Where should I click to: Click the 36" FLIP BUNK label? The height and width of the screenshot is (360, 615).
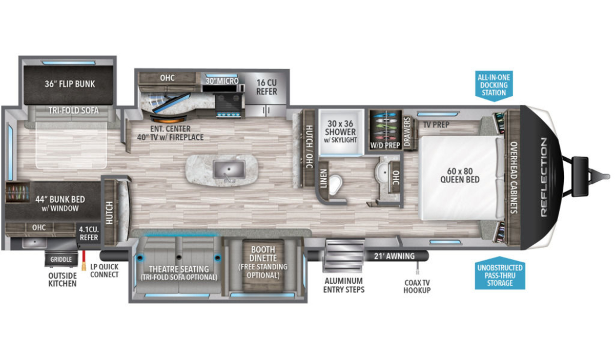pyautogui.click(x=70, y=84)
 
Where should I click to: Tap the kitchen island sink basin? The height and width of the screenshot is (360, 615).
pyautogui.click(x=229, y=170)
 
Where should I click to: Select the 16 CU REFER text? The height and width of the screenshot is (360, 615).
pyautogui.click(x=266, y=87)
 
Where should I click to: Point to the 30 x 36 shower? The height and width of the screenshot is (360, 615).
pyautogui.click(x=341, y=132)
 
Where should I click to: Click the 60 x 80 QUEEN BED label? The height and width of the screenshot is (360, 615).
pyautogui.click(x=460, y=175)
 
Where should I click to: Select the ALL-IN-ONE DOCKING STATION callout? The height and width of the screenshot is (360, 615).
pyautogui.click(x=494, y=86)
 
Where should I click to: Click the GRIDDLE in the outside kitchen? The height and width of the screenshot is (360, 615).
pyautogui.click(x=61, y=259)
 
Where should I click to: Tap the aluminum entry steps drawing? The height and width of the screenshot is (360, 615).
pyautogui.click(x=343, y=256)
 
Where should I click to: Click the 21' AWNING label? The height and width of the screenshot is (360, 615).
pyautogui.click(x=394, y=256)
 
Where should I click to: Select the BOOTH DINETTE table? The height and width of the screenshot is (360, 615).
pyautogui.click(x=263, y=265)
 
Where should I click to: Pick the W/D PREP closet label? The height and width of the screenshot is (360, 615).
pyautogui.click(x=385, y=145)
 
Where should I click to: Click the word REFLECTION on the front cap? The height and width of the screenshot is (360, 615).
pyautogui.click(x=544, y=177)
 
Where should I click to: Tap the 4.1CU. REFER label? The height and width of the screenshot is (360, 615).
pyautogui.click(x=89, y=233)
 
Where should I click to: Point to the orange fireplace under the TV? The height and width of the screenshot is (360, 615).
pyautogui.click(x=169, y=120)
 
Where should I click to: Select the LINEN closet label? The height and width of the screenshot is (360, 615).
pyautogui.click(x=324, y=178)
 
